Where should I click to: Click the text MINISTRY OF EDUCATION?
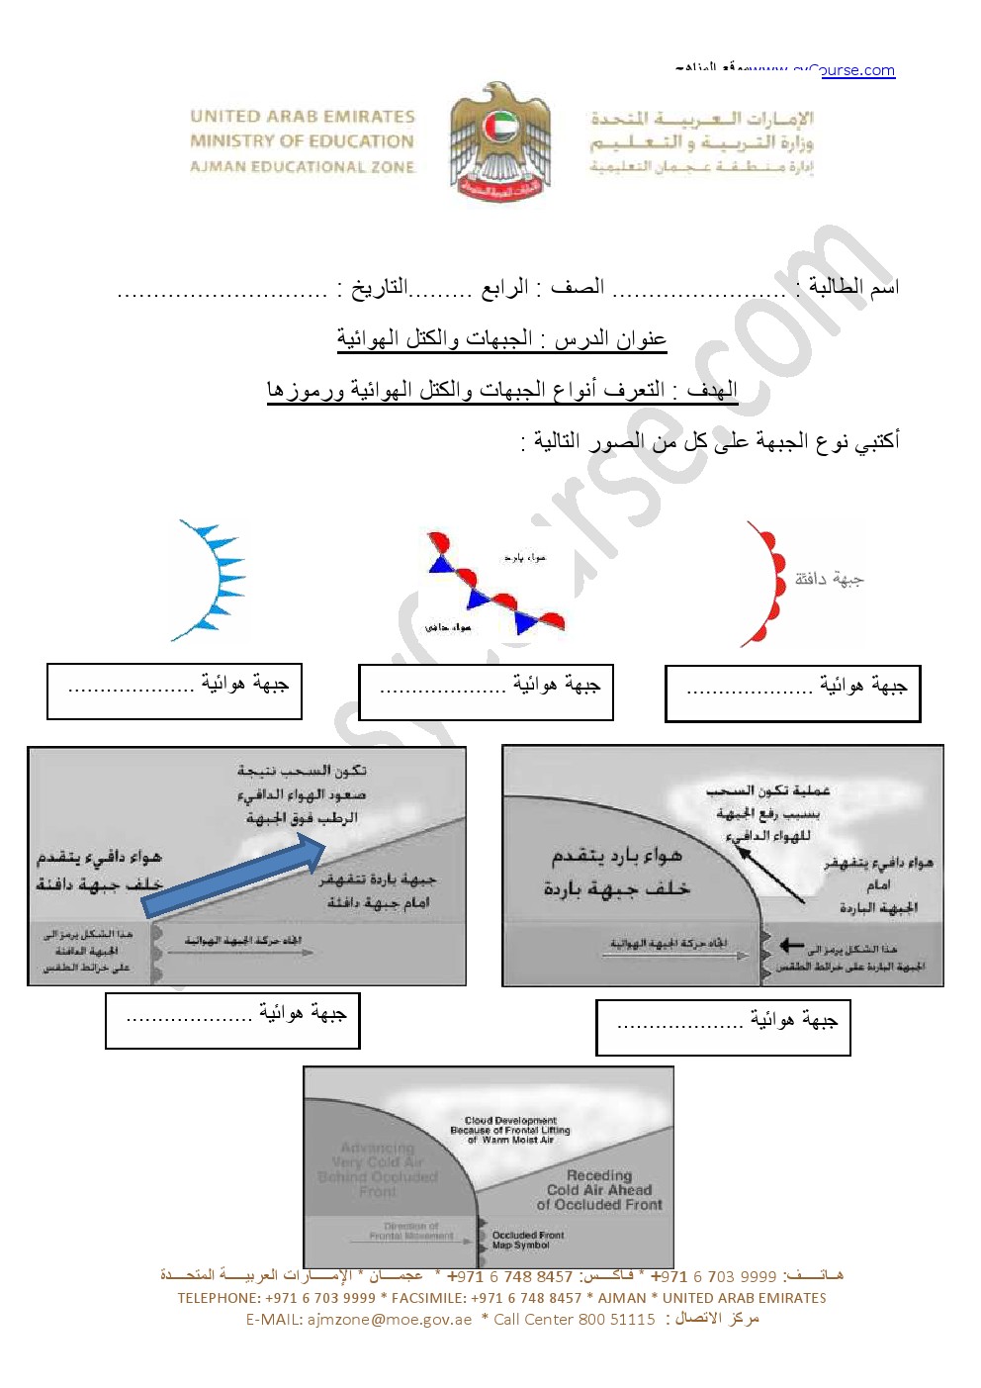[x=302, y=141]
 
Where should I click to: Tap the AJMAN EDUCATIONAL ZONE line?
[x=302, y=167]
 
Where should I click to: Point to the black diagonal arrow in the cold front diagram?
[x=770, y=871]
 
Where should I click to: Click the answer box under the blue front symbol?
[x=174, y=691]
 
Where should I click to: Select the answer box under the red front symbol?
[x=792, y=694]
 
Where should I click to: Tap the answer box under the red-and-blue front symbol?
[x=486, y=692]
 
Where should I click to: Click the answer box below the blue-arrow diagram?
[x=232, y=1021]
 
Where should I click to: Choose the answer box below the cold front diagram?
[x=723, y=1027]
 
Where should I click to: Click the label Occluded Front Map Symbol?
[x=528, y=1240]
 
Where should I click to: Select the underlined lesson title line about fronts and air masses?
[x=501, y=339]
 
